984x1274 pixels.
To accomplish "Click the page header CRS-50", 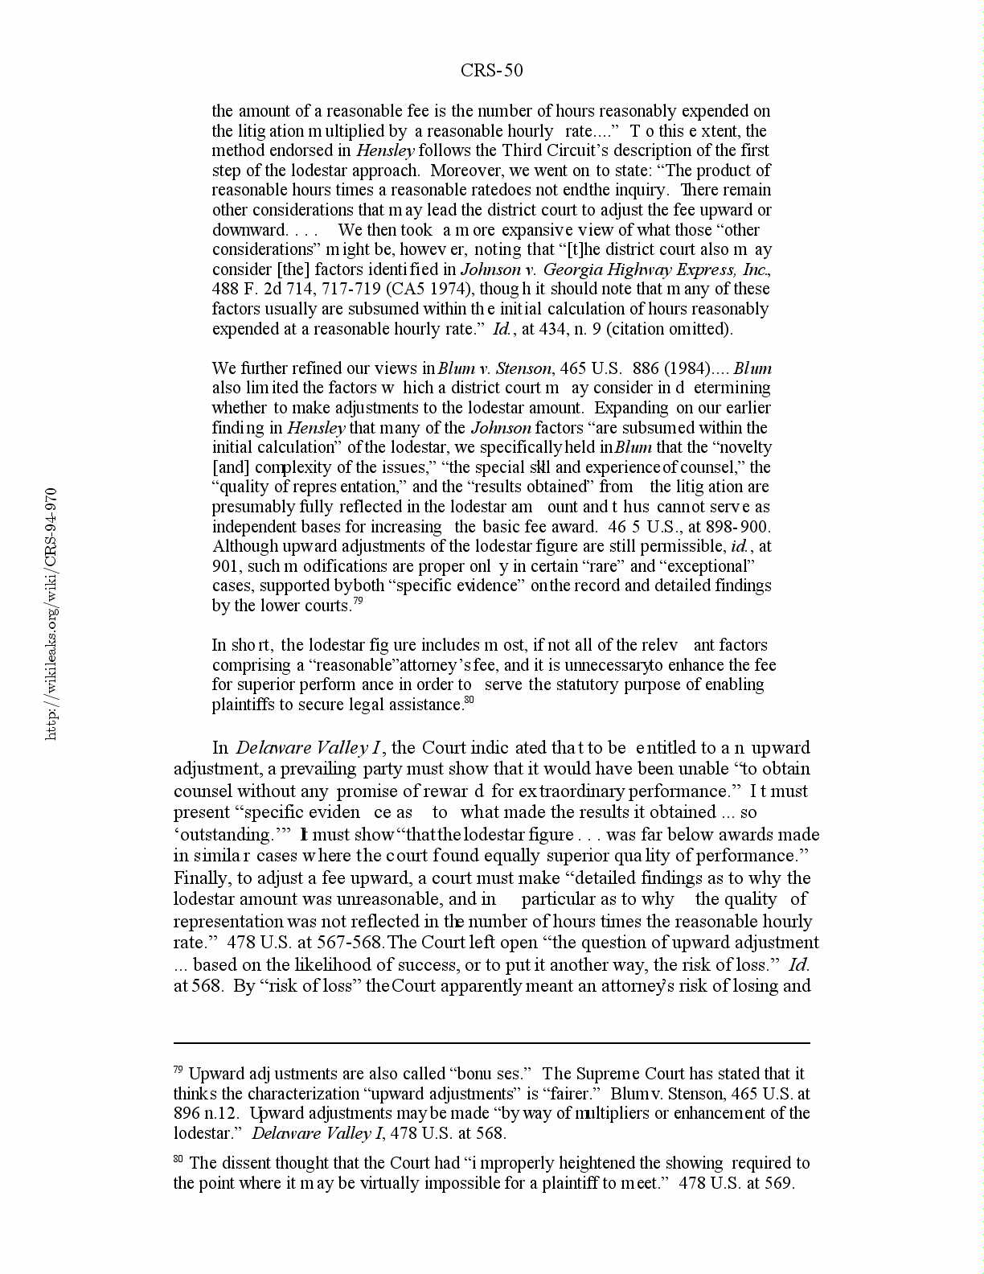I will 491,71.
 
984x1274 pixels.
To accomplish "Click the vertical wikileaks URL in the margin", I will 51,614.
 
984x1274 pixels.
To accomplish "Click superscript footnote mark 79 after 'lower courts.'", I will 359,602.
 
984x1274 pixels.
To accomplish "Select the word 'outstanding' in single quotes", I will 224,835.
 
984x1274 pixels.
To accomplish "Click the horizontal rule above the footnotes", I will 491,1043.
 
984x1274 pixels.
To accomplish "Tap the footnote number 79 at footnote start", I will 178,1071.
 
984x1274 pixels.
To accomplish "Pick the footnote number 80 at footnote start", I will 178,1160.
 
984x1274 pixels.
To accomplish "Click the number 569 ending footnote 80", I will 778,1183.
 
